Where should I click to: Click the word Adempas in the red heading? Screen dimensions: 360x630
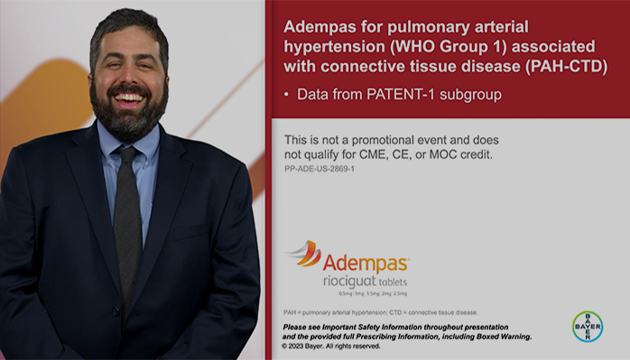(x=319, y=27)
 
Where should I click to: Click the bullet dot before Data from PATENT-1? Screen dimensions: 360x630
(x=288, y=94)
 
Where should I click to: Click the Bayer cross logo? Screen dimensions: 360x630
(x=587, y=326)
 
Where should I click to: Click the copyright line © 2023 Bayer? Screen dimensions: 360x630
(x=330, y=346)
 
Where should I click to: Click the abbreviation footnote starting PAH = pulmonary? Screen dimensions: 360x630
(x=380, y=312)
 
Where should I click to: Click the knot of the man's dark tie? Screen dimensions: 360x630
(x=127, y=155)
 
